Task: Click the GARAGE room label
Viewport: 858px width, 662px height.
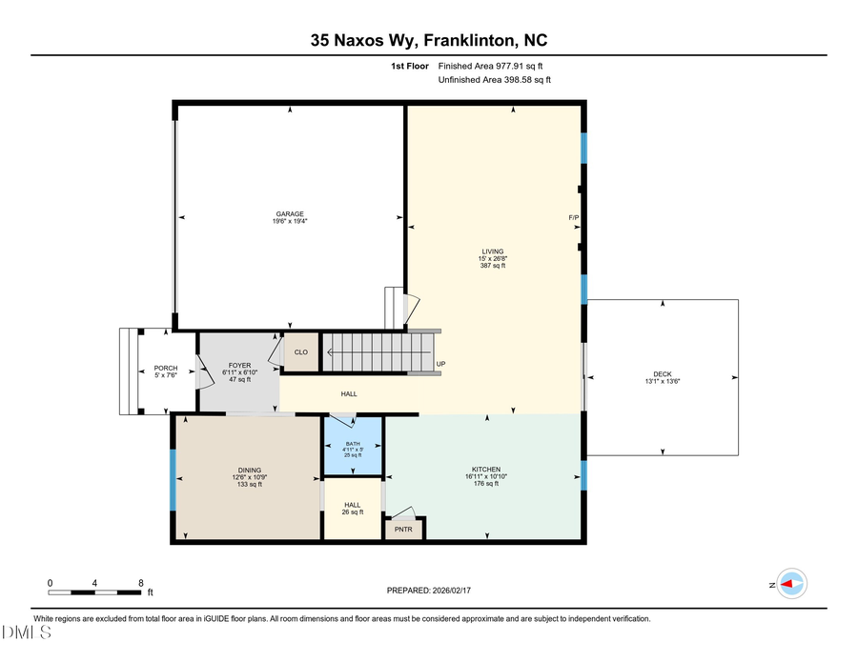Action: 291,213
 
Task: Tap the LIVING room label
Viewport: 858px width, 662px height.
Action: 492,251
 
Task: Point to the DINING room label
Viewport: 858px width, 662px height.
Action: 249,470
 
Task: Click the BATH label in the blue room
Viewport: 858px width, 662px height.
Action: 354,444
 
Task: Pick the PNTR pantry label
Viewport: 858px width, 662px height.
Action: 404,530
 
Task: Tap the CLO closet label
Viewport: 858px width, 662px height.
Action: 300,351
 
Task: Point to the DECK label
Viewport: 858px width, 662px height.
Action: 664,373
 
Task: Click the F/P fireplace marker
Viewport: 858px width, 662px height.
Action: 574,218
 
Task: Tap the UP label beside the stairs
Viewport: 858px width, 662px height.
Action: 440,364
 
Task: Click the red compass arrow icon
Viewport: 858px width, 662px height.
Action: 789,584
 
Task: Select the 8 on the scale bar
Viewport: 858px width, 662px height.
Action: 141,583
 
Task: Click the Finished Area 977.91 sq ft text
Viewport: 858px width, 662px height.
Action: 496,66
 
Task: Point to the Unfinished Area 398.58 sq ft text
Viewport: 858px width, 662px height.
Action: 494,80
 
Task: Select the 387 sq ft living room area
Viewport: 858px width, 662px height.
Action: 492,266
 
